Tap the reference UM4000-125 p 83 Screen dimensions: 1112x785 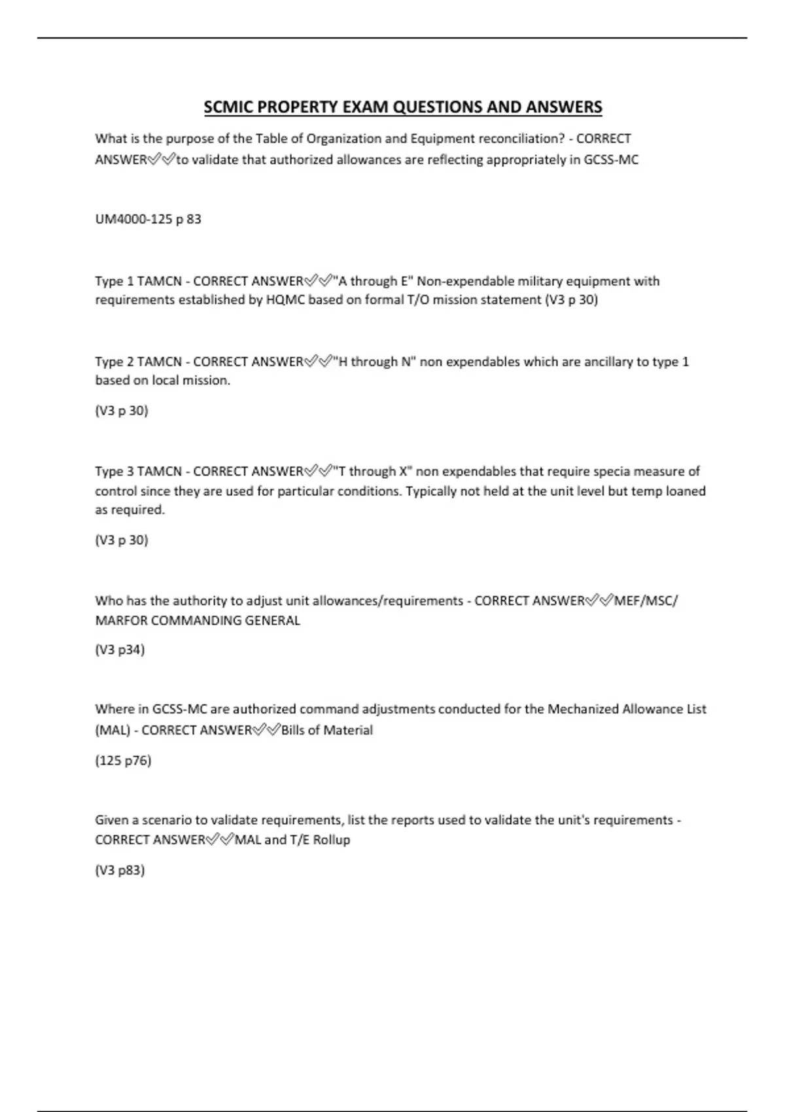coord(148,219)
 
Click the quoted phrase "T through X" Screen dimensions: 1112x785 coord(372,472)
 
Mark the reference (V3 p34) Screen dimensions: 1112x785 coord(120,650)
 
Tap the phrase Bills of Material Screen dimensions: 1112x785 coord(326,731)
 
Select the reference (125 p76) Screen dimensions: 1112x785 coord(123,761)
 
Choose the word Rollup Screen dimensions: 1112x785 coord(331,840)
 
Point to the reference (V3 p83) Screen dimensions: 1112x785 coord(120,871)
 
